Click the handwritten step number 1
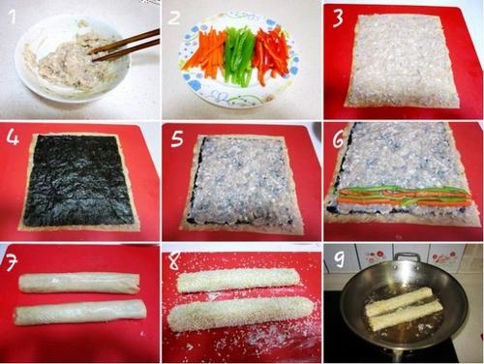[x=12, y=16]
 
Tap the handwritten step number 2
[x=174, y=17]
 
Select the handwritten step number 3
[x=338, y=17]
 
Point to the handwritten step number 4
[x=13, y=136]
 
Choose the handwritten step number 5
[x=177, y=138]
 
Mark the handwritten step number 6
[x=338, y=139]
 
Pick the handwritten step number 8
[x=174, y=260]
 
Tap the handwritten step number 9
[x=339, y=258]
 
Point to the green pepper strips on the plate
[x=239, y=55]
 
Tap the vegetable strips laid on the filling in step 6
[x=402, y=196]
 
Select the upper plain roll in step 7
[x=79, y=283]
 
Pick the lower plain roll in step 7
[x=80, y=312]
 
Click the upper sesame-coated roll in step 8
[x=237, y=280]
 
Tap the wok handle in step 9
[x=408, y=258]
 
